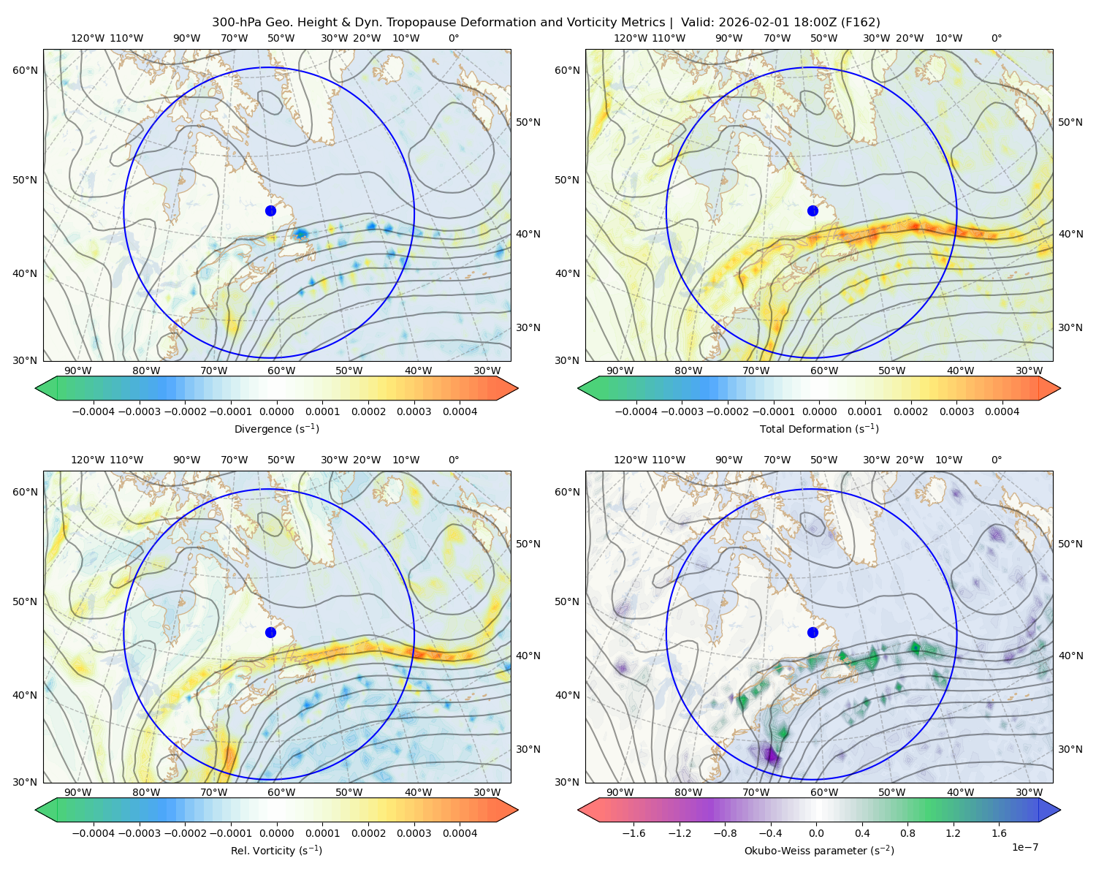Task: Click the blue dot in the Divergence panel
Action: pyautogui.click(x=270, y=210)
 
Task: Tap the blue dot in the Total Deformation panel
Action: pyautogui.click(x=813, y=210)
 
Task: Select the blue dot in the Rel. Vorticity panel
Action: pyautogui.click(x=270, y=632)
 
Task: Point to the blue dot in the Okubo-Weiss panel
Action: pyautogui.click(x=813, y=632)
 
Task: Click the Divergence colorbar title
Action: pyautogui.click(x=276, y=429)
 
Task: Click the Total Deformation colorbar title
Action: pyautogui.click(x=819, y=429)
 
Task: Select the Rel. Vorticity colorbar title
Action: pyautogui.click(x=276, y=851)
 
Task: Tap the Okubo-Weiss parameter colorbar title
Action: pyautogui.click(x=819, y=851)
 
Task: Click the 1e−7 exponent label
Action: pyautogui.click(x=1024, y=847)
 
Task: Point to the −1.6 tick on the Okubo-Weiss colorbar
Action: pyautogui.click(x=633, y=833)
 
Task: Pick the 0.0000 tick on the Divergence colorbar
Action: pyautogui.click(x=276, y=411)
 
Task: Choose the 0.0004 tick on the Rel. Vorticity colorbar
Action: pyautogui.click(x=460, y=833)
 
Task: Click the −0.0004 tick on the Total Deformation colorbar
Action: pyautogui.click(x=636, y=411)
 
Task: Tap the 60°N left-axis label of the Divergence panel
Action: pyautogui.click(x=25, y=70)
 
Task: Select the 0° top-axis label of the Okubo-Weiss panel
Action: pyautogui.click(x=996, y=460)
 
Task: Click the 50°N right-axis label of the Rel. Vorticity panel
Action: pyautogui.click(x=528, y=544)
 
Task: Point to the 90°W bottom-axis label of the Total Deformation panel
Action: pyautogui.click(x=620, y=371)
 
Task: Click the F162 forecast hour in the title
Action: pyautogui.click(x=861, y=23)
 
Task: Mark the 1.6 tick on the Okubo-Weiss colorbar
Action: pyautogui.click(x=1000, y=833)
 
